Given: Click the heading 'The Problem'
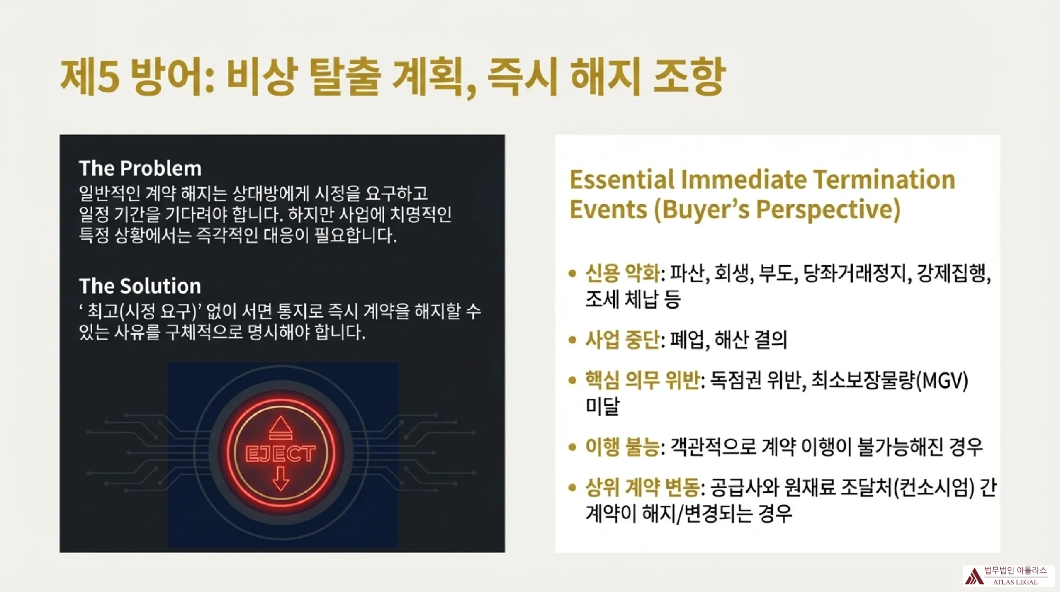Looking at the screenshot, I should pos(140,169).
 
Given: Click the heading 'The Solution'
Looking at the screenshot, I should pos(140,286).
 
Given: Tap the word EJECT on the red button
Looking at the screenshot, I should pos(280,454).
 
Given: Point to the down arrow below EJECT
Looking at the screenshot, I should pos(280,478).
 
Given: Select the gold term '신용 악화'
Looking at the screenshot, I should pos(623,274).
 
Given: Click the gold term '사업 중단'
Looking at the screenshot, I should pos(623,340).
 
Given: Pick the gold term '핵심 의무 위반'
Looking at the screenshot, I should pos(642,381).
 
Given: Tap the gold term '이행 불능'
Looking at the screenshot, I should pos(623,447).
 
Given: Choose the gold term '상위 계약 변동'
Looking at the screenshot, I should pos(642,487).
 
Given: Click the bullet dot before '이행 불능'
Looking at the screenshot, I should pos(572,447).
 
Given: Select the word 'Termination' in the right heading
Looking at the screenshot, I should pos(884,180).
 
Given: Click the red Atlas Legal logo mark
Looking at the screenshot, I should pos(974,576).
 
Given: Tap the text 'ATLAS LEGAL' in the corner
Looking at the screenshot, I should pos(1015,582).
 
